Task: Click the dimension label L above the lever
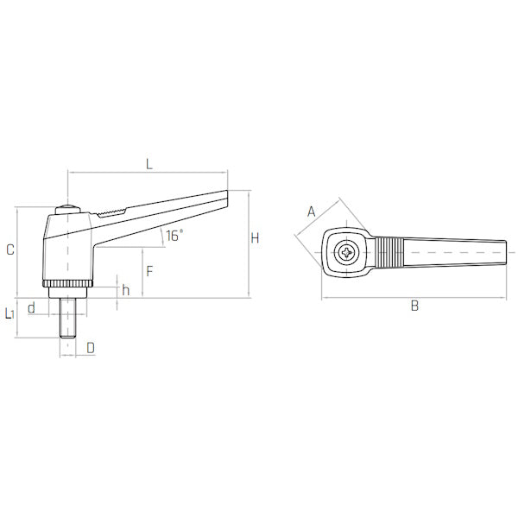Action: point(149,164)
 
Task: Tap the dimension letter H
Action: point(255,238)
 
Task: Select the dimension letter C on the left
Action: point(10,250)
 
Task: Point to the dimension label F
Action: point(149,271)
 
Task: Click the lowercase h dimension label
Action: point(125,290)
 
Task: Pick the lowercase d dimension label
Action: point(31,308)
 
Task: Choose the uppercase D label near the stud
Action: point(91,348)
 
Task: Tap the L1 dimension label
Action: point(9,313)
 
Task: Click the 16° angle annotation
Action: point(174,236)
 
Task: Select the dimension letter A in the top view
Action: point(311,212)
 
